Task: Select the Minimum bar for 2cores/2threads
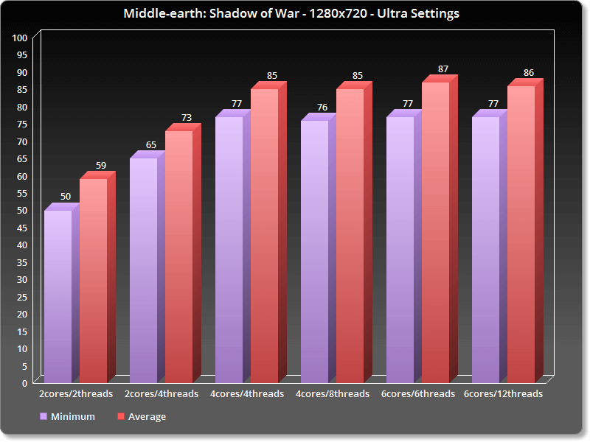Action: click(x=58, y=295)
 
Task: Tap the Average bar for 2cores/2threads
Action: click(x=94, y=280)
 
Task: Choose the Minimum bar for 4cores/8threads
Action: click(x=315, y=250)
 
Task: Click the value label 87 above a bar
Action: click(x=442, y=69)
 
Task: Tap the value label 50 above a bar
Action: click(x=66, y=197)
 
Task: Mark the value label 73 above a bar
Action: click(x=187, y=118)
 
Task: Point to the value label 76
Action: click(x=322, y=108)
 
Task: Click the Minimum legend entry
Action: click(x=67, y=417)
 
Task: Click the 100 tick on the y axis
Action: click(x=21, y=38)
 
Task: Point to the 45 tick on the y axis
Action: click(x=22, y=228)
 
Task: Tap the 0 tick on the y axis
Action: click(x=25, y=383)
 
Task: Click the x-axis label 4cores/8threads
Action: click(x=333, y=394)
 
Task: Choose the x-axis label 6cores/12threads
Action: click(x=503, y=394)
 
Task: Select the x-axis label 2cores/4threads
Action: click(x=162, y=394)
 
